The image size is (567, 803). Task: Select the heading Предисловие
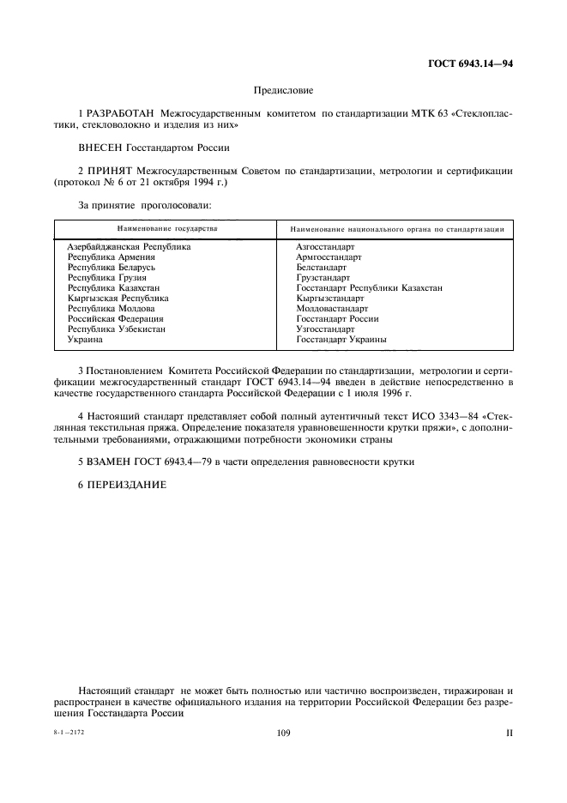point(283,90)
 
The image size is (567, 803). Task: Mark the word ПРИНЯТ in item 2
point(107,172)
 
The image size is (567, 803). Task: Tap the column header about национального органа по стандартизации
point(396,230)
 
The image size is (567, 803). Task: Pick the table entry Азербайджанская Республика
point(129,247)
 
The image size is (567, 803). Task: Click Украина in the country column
point(85,340)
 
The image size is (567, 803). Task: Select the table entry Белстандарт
point(321,268)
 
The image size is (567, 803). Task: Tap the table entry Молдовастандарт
point(332,309)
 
